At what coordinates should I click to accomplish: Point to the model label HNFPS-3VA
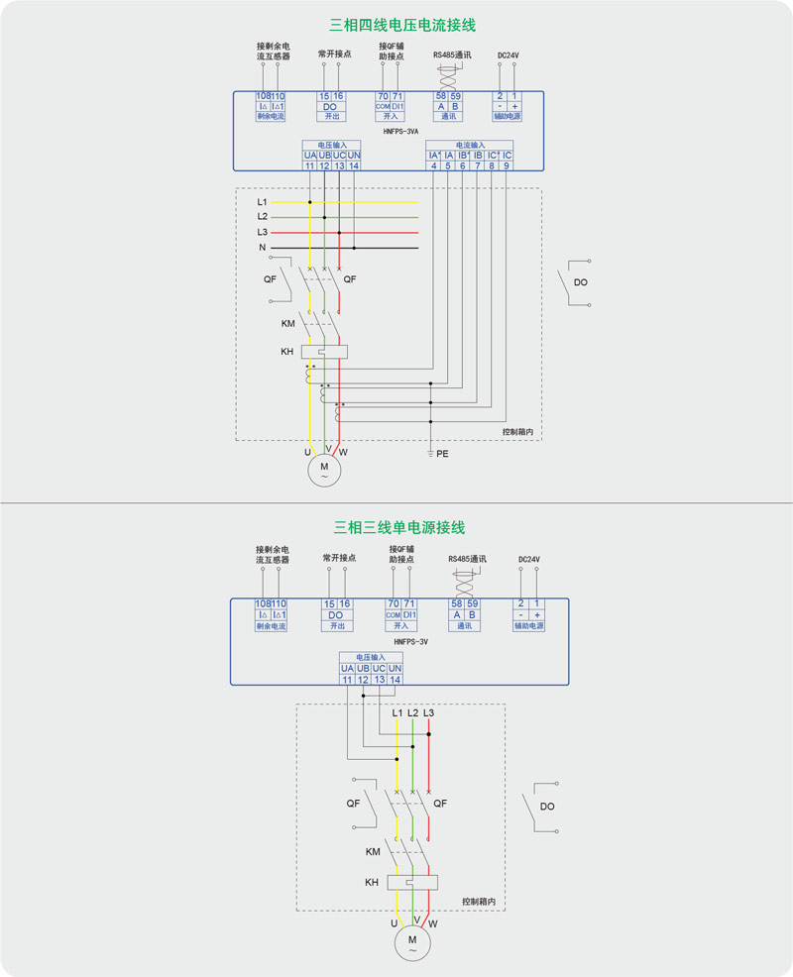401,130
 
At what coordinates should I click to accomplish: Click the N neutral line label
263,247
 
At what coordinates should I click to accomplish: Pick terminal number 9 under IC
507,165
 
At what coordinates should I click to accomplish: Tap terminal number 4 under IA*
433,165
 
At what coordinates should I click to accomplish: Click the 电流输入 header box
470,145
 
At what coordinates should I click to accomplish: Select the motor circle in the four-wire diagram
323,469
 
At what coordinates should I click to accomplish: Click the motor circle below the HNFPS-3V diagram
412,942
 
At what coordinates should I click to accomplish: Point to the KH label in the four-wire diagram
286,351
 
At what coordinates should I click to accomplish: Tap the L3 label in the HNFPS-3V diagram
428,712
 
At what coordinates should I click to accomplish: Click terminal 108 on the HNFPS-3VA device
264,96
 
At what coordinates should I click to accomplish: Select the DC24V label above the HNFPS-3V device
529,559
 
